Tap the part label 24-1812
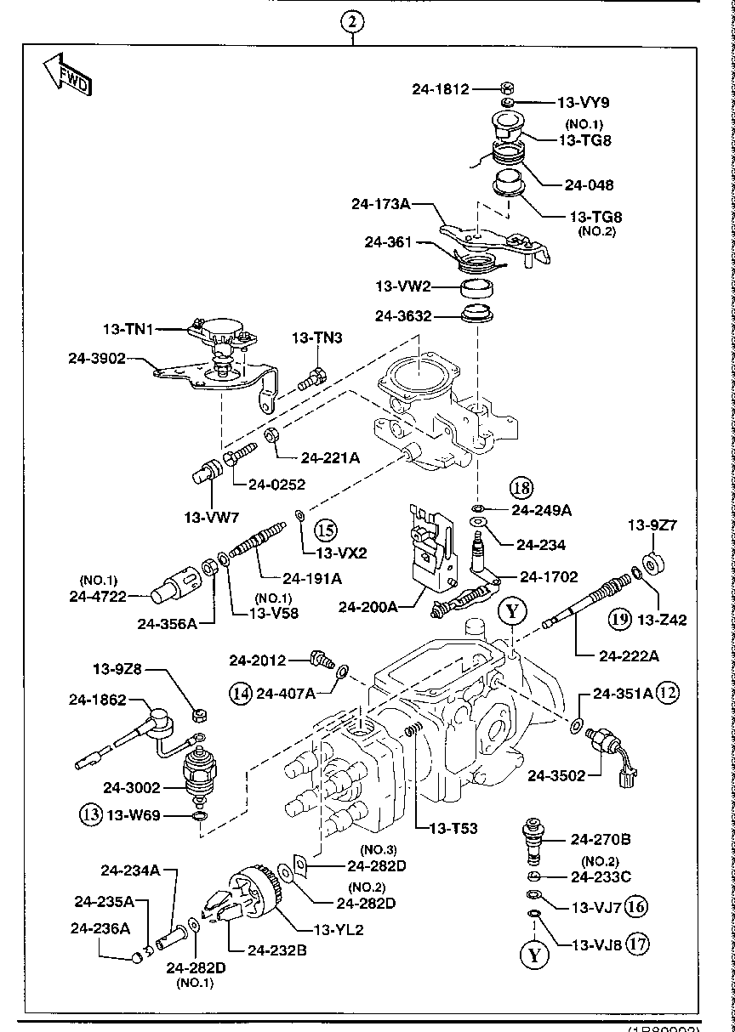point(440,88)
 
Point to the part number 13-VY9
point(584,103)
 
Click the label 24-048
point(589,184)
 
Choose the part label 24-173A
point(381,204)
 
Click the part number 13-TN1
point(128,329)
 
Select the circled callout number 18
point(521,488)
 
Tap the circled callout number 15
point(326,530)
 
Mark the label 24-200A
point(367,607)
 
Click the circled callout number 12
point(669,693)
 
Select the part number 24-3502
point(558,774)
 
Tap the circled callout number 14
point(241,693)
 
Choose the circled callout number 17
point(635,942)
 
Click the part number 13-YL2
point(339,929)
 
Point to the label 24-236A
point(100,928)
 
